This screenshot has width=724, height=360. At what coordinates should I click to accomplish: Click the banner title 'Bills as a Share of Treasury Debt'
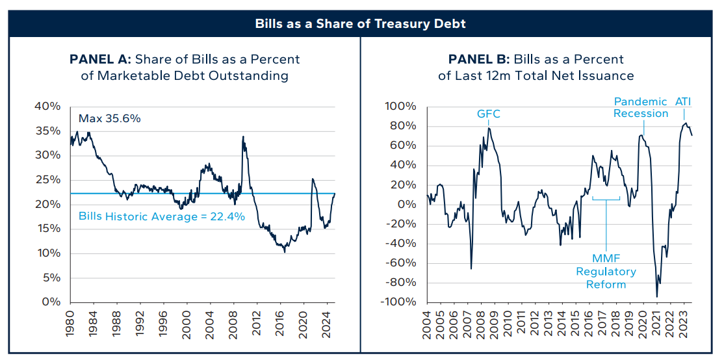362,25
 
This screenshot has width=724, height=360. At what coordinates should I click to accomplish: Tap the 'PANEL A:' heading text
101,59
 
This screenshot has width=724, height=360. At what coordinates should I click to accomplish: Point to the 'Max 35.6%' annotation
110,119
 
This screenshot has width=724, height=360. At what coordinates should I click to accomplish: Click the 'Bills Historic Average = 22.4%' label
162,217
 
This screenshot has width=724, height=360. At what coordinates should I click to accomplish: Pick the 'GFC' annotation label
489,114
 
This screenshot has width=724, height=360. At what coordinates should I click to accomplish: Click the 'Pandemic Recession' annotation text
641,107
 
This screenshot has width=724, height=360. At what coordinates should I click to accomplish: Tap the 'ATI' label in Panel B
683,101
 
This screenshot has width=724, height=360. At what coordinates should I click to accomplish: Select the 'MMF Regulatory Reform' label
606,272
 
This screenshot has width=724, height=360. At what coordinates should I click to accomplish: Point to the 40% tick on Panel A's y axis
48,107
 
